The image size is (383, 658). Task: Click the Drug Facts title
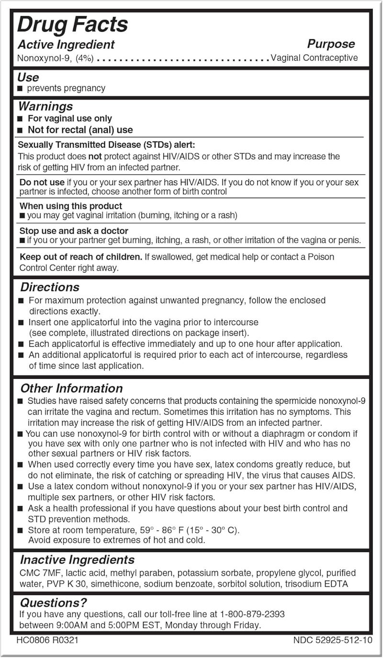73,24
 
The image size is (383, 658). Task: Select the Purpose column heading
331,44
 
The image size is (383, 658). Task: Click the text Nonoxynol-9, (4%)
56,58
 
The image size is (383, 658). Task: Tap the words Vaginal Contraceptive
314,58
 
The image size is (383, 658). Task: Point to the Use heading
28,77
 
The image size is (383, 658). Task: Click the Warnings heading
45,106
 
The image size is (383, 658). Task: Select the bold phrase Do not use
42,182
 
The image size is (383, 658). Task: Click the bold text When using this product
71,206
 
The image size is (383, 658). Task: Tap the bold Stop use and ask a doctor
74,231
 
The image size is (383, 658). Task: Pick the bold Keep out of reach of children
81,257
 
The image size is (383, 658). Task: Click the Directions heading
50,287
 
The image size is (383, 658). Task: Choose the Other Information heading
71,388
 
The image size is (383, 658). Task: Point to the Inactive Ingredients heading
77,560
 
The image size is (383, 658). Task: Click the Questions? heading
53,602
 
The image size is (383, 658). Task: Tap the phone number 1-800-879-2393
252,614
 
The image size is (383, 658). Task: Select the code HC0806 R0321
47,640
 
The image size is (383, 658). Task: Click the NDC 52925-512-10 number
332,640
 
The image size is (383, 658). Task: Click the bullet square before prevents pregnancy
20,89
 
